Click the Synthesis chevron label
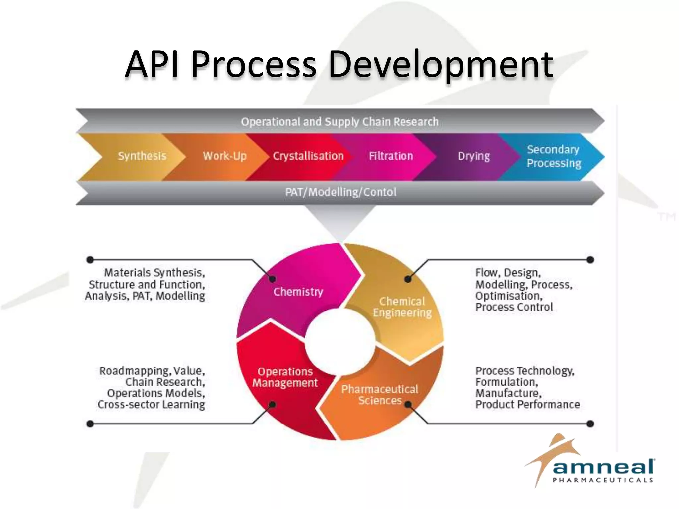click(x=142, y=156)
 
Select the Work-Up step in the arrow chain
click(x=225, y=156)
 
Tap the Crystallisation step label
click(x=308, y=156)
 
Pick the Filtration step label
click(x=391, y=156)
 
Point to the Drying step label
click(x=474, y=156)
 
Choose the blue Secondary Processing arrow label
click(x=554, y=156)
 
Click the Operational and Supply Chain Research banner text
click(x=339, y=122)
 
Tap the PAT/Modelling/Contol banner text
click(x=340, y=192)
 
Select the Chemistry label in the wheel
click(x=298, y=292)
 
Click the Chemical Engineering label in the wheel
click(x=402, y=307)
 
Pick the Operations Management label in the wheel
click(x=285, y=377)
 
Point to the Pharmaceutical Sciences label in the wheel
click(x=380, y=395)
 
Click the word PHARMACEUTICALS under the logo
click(x=603, y=480)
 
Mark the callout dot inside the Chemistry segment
click(x=273, y=279)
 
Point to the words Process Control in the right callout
click(x=514, y=307)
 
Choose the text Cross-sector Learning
click(x=151, y=405)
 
